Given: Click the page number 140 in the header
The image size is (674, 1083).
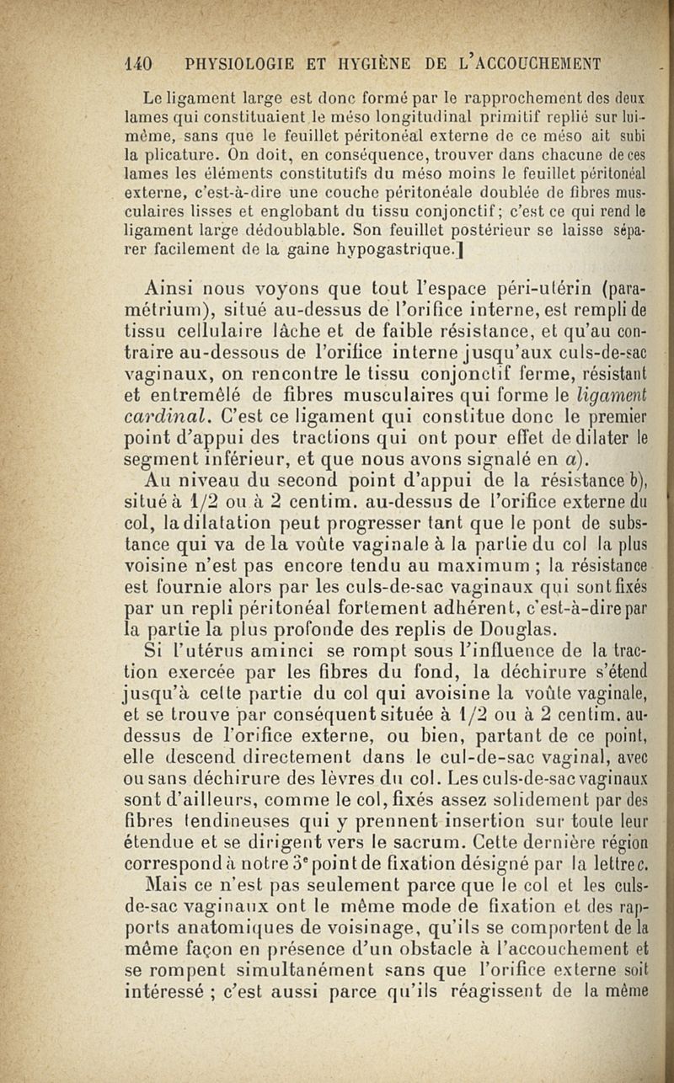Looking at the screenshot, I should (x=134, y=62).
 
